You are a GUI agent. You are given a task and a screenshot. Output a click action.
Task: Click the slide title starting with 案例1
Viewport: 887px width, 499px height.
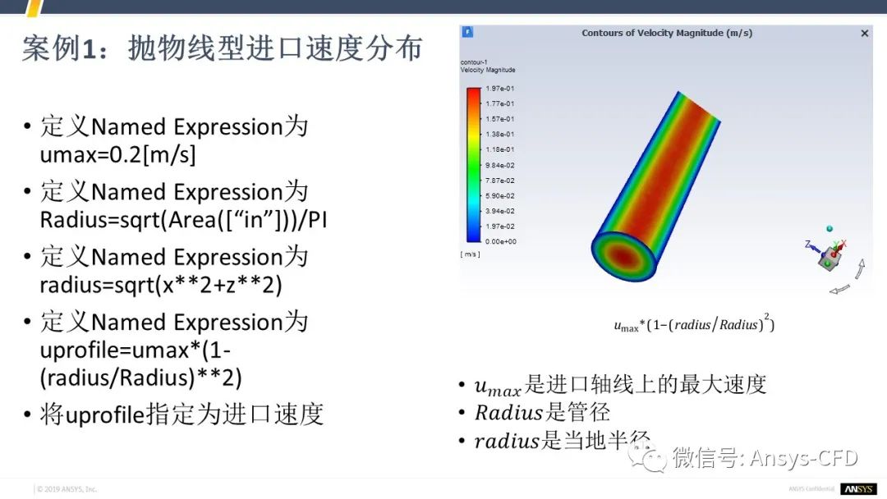point(222,49)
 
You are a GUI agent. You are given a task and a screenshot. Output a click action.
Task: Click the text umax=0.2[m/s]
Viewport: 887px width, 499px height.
point(118,155)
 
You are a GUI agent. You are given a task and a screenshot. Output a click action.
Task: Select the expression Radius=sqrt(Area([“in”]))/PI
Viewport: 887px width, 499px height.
point(184,220)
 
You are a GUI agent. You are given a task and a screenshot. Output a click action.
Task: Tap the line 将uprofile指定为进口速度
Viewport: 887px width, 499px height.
point(182,414)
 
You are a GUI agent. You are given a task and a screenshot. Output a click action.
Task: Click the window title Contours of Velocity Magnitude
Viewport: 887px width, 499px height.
point(666,34)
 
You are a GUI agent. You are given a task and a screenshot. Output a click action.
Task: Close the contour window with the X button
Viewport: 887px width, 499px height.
point(864,34)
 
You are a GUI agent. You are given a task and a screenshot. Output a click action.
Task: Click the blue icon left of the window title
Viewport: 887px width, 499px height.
point(468,33)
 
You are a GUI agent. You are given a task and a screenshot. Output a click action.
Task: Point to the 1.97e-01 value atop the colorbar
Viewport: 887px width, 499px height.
point(500,89)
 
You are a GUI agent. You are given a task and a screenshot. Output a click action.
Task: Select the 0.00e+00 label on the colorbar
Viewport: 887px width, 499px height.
point(500,241)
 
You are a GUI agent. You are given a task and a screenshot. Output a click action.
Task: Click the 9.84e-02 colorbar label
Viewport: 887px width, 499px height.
point(500,165)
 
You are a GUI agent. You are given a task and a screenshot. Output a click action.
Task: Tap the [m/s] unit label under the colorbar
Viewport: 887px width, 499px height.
point(471,254)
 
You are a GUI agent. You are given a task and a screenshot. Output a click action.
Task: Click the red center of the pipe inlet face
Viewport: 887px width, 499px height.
point(625,258)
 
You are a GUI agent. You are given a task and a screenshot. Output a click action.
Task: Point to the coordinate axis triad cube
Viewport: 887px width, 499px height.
point(828,258)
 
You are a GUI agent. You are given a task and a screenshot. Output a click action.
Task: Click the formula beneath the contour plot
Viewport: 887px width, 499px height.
point(694,324)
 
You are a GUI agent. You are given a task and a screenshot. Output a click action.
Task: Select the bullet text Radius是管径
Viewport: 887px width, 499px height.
point(542,412)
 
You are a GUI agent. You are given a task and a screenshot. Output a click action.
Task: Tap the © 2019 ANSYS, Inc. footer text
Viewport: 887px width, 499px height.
point(67,489)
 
